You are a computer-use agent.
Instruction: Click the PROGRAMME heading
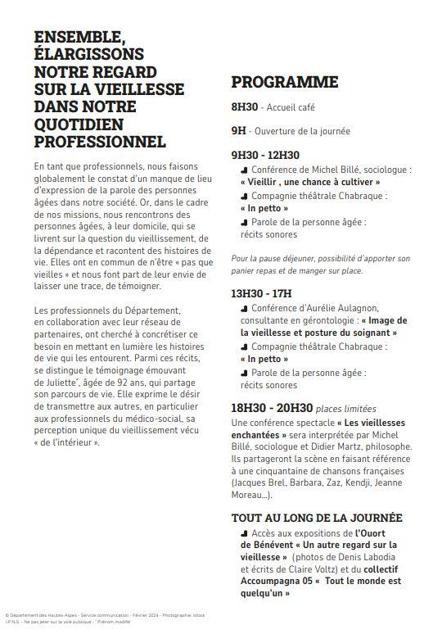tap(284, 82)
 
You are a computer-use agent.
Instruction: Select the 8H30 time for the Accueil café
tap(245, 107)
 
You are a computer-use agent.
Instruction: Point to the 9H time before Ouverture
tap(238, 131)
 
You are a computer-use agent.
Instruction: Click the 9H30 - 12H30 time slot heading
tap(265, 155)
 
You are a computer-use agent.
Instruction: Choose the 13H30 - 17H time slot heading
tap(261, 292)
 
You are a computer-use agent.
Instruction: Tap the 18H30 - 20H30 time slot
tap(272, 408)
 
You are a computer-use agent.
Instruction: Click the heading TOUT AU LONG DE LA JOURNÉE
tap(317, 518)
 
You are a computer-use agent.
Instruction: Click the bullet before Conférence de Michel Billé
tap(244, 170)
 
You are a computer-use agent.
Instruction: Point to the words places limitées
tap(346, 409)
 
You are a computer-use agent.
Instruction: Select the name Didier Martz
tap(339, 447)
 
